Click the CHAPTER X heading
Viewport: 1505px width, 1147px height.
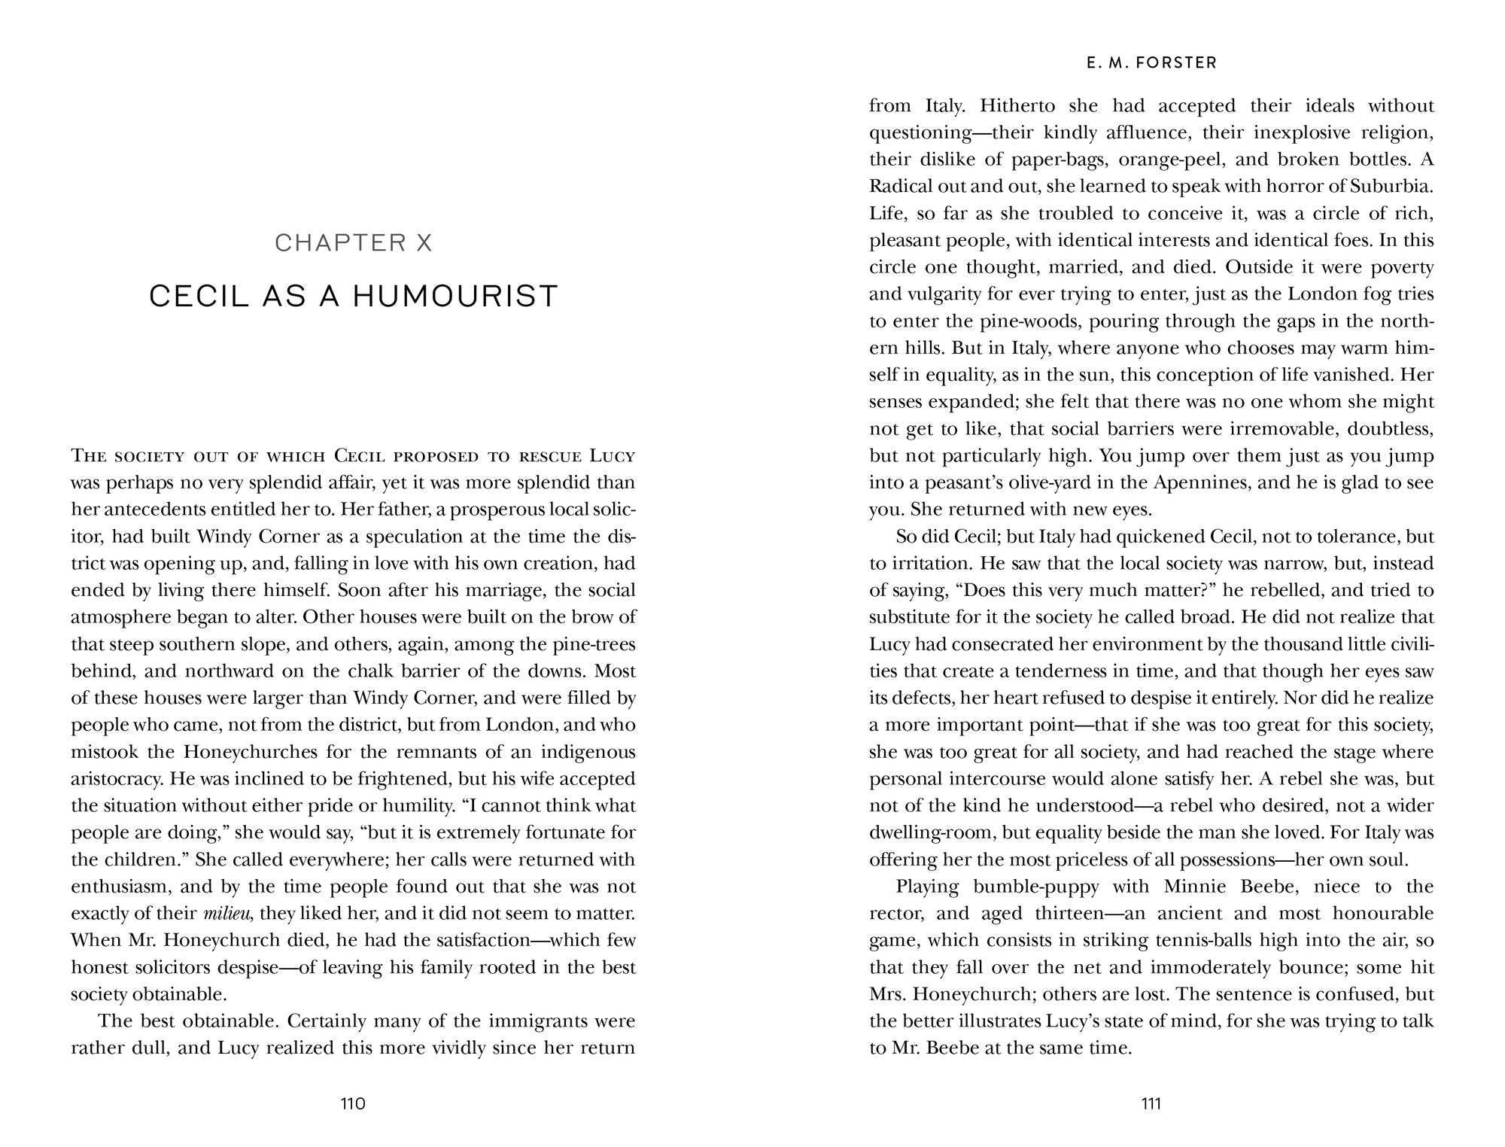354,243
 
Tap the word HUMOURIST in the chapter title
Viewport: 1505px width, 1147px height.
455,297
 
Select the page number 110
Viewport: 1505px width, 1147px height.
353,1104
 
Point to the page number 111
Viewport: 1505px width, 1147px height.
1151,1104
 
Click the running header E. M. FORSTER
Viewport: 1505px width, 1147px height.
1151,63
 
